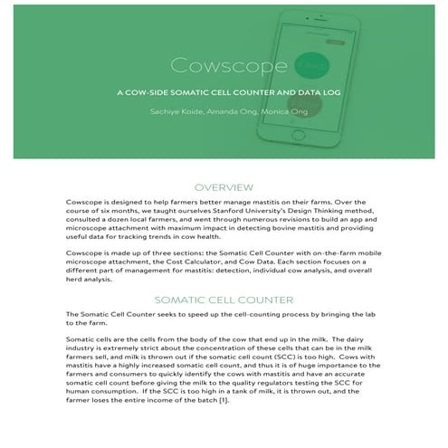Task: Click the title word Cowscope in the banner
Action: [x=225, y=69]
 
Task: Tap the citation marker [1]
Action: [x=221, y=424]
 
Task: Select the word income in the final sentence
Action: [x=156, y=424]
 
